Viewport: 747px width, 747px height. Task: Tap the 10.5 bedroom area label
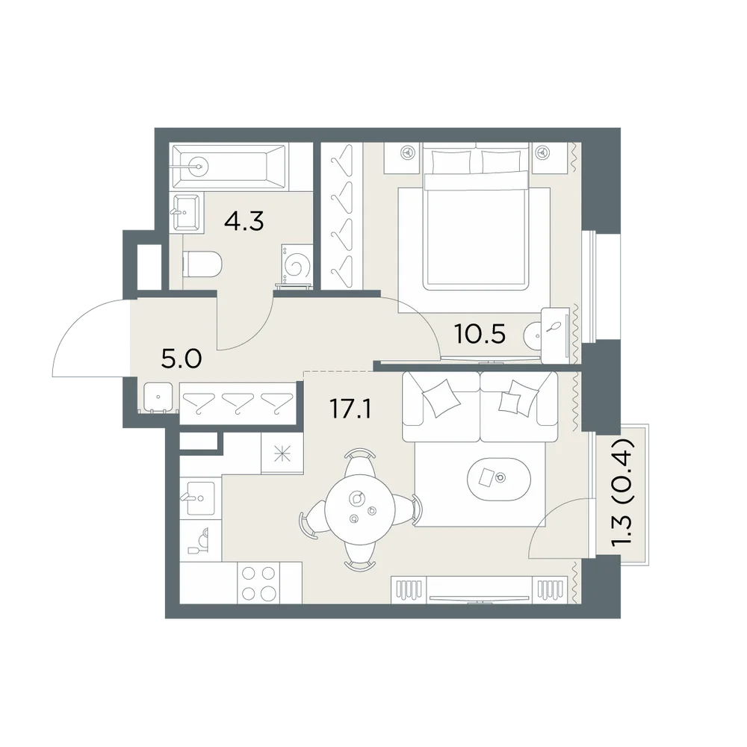click(480, 334)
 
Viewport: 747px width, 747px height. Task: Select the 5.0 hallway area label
click(182, 359)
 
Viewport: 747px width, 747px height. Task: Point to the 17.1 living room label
click(350, 409)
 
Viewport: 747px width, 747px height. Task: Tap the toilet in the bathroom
click(202, 264)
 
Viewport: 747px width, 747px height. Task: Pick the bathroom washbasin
click(187, 211)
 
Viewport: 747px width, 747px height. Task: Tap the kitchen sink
click(200, 498)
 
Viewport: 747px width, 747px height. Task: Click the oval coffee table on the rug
click(499, 479)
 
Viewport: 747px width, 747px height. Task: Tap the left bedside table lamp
click(407, 152)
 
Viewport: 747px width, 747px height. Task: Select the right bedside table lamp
click(541, 152)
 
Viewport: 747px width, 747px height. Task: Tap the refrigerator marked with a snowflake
click(282, 453)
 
